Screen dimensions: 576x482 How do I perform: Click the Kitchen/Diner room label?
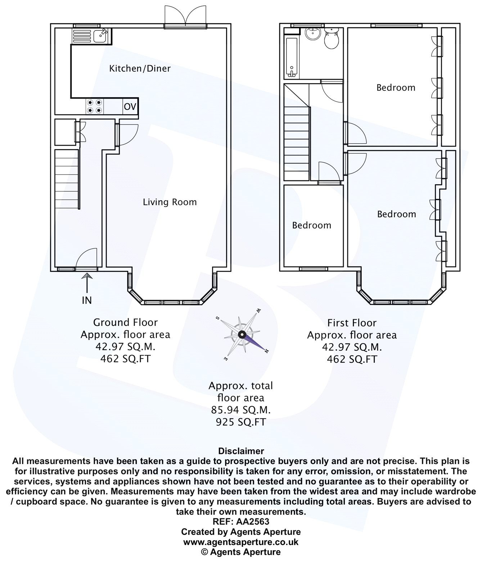click(x=140, y=68)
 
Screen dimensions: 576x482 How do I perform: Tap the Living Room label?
click(x=170, y=202)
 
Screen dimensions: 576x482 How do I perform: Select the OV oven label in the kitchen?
click(x=130, y=107)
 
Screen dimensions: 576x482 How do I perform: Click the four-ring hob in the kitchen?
click(x=95, y=107)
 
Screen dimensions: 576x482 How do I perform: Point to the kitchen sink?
click(x=100, y=36)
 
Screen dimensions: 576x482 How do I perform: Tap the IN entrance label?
click(x=87, y=300)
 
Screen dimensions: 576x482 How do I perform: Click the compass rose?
click(x=242, y=334)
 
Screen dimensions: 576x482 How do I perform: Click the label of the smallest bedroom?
click(x=311, y=225)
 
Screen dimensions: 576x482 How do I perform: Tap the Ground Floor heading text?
click(x=125, y=322)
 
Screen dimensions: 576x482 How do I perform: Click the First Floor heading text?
click(x=352, y=323)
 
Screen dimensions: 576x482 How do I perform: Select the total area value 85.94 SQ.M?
click(x=241, y=410)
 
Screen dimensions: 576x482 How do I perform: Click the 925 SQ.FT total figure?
click(x=241, y=422)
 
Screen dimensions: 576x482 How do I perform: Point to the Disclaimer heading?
click(x=241, y=451)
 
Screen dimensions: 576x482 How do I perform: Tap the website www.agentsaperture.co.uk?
click(x=241, y=542)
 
